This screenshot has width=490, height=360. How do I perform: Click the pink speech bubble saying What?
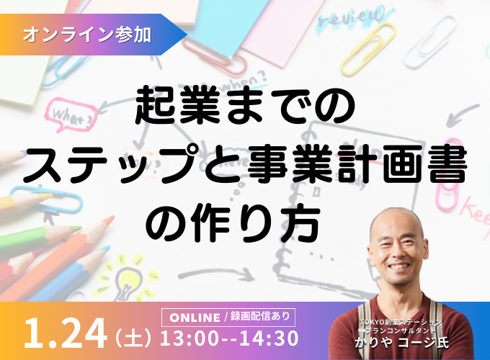click(x=70, y=115)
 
